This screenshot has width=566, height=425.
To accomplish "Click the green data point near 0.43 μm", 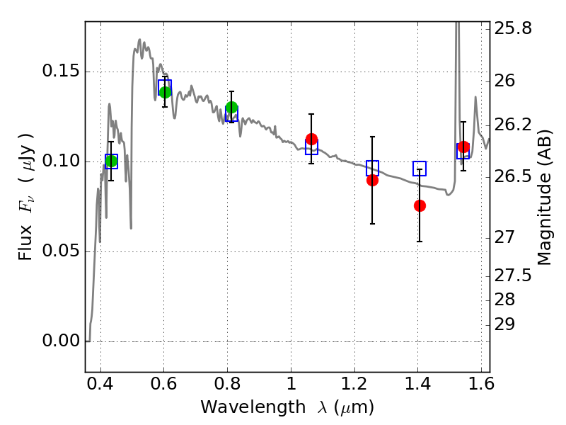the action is pyautogui.click(x=112, y=161).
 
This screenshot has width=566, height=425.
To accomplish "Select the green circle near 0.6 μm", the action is pyautogui.click(x=165, y=92).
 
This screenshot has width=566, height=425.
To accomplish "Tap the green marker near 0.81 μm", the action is pyautogui.click(x=232, y=108).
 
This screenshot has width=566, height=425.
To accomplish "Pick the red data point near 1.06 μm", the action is pyautogui.click(x=311, y=139).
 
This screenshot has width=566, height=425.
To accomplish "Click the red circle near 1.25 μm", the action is pyautogui.click(x=373, y=181).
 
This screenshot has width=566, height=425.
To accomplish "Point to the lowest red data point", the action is pyautogui.click(x=420, y=205).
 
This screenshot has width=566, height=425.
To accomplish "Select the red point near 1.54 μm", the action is pyautogui.click(x=463, y=147).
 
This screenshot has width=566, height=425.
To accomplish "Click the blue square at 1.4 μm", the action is pyautogui.click(x=420, y=169).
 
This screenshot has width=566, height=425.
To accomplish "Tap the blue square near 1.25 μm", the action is pyautogui.click(x=373, y=168).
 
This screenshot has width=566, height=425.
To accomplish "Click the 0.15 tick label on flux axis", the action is pyautogui.click(x=61, y=71).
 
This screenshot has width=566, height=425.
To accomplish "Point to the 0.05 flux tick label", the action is pyautogui.click(x=61, y=251).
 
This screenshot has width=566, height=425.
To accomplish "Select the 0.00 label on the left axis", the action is pyautogui.click(x=61, y=341).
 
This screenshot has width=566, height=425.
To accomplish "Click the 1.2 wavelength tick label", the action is pyautogui.click(x=355, y=384).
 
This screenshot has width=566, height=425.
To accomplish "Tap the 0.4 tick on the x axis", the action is pyautogui.click(x=100, y=384).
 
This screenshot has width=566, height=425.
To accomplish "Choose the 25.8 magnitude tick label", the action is pyautogui.click(x=513, y=28).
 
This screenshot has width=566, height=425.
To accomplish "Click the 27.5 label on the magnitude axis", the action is pyautogui.click(x=513, y=276).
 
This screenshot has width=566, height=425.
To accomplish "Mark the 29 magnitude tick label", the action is pyautogui.click(x=504, y=324).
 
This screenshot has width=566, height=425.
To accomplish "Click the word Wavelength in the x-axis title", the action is pyautogui.click(x=253, y=407).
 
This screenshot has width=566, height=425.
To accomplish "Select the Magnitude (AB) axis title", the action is pyautogui.click(x=544, y=198).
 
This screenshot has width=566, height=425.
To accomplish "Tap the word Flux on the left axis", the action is pyautogui.click(x=25, y=243).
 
